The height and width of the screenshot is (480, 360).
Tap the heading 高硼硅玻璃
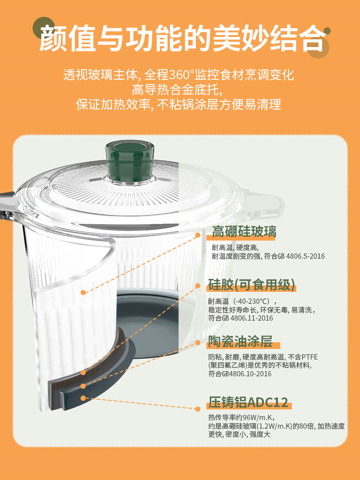(244, 231)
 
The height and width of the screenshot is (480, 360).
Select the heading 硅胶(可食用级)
(252, 285)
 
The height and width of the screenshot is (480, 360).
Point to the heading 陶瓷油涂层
(240, 342)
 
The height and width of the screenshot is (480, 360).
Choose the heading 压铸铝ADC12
(248, 402)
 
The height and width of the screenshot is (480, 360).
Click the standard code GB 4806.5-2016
(301, 256)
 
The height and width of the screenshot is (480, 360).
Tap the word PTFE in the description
(310, 357)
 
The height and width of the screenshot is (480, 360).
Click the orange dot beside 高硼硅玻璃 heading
(198, 235)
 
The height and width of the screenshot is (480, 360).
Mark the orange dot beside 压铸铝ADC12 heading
(198, 408)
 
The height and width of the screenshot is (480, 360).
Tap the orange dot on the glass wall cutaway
(83, 292)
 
